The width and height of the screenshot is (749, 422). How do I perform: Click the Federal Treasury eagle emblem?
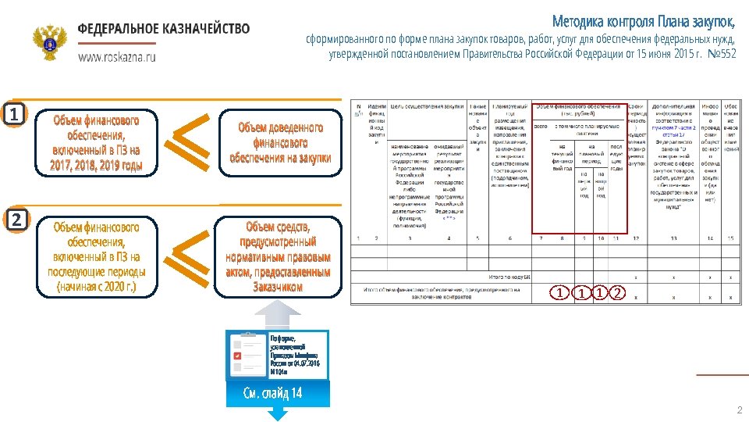51,43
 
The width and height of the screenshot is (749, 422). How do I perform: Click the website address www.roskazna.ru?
117,57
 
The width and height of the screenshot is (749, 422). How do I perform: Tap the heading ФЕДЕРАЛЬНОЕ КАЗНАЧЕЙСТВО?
164,29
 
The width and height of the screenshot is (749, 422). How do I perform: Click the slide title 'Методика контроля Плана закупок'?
644,20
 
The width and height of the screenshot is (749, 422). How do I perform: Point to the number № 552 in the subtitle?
721,54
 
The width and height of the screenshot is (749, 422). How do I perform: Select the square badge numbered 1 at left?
14,115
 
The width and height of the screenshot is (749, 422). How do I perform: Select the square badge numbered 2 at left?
14,220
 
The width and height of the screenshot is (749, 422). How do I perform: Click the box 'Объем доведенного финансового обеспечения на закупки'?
279,142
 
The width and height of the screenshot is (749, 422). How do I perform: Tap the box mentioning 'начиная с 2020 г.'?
96,256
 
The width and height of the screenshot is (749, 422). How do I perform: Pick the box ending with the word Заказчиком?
278,256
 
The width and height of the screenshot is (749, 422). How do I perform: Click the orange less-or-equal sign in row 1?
190,141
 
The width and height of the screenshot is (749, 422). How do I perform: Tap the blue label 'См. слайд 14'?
272,393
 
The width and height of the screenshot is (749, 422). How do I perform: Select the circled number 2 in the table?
616,293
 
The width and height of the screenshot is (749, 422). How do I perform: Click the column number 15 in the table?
731,237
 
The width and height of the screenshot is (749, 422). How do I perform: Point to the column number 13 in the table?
673,237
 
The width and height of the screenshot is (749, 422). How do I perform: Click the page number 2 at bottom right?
739,410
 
